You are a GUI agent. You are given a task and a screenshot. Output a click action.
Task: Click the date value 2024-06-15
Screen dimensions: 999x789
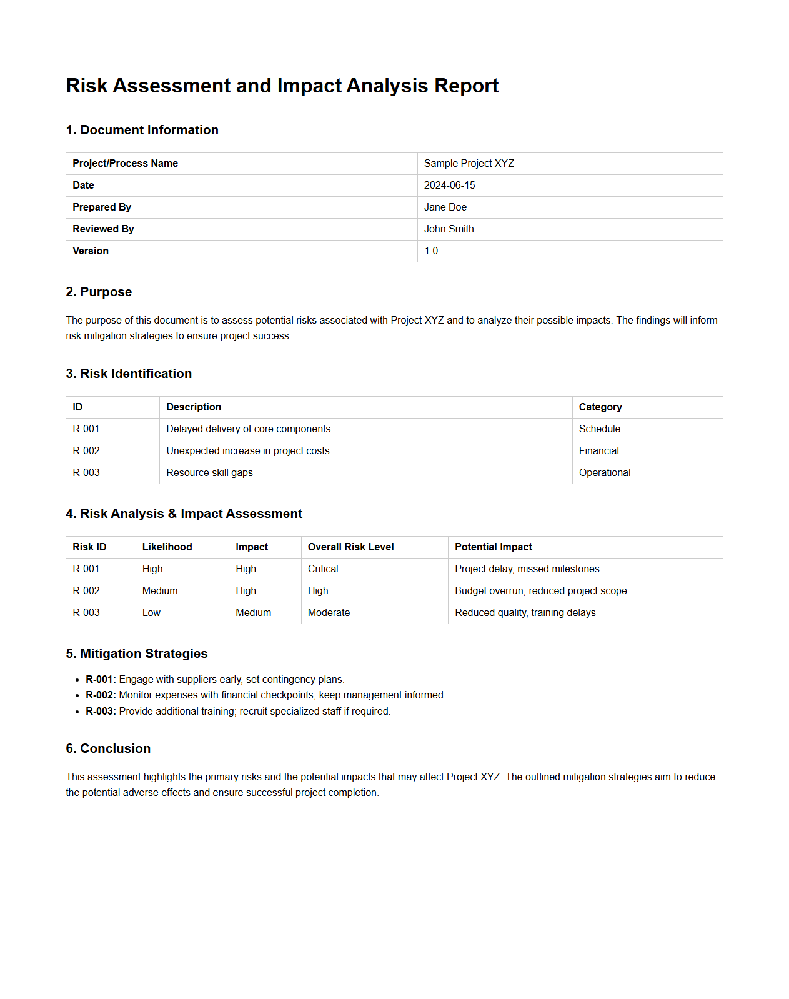click(449, 186)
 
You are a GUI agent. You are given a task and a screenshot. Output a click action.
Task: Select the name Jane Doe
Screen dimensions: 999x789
click(445, 207)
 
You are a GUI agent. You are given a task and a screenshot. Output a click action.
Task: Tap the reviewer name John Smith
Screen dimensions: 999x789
click(449, 229)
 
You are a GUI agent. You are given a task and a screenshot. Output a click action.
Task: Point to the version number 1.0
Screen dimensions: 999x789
click(431, 251)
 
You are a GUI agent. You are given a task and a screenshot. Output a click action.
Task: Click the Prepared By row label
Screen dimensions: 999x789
click(102, 207)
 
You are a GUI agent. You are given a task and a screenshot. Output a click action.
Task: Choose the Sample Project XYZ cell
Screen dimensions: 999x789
click(469, 164)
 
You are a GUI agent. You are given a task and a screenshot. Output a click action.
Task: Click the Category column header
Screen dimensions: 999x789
click(600, 407)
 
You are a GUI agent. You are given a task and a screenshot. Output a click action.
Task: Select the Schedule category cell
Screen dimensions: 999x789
click(599, 429)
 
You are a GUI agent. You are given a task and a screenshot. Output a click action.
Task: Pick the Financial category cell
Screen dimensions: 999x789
click(598, 451)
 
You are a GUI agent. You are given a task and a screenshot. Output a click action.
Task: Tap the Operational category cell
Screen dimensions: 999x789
click(604, 473)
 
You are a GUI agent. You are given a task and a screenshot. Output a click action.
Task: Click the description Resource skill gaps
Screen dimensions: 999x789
click(209, 473)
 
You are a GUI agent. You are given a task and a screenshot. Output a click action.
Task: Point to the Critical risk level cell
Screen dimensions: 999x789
click(323, 569)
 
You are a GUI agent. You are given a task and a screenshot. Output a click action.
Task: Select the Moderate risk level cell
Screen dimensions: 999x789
click(329, 613)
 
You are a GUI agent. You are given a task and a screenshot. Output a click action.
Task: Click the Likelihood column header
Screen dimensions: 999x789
click(167, 547)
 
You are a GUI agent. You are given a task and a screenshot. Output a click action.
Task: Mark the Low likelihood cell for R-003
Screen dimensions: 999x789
click(151, 613)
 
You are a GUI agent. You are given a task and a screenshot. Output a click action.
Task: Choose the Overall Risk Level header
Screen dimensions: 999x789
click(350, 547)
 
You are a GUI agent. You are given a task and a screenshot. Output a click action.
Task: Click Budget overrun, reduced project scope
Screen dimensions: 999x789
click(540, 591)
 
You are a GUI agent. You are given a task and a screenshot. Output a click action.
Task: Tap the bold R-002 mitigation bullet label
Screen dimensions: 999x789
click(101, 695)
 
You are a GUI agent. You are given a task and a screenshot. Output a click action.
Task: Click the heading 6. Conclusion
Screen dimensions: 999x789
click(108, 748)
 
